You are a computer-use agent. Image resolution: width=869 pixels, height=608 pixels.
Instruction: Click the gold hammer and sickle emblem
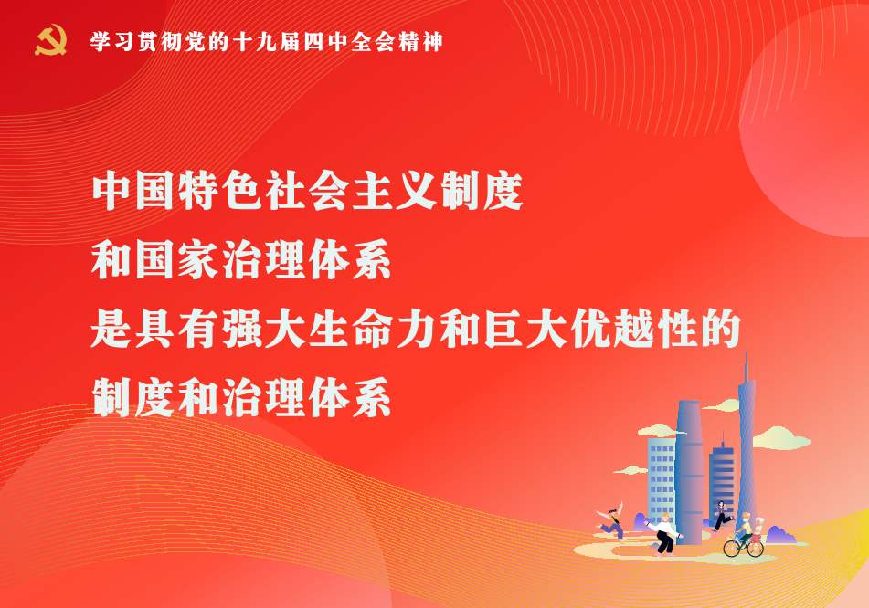click(x=50, y=40)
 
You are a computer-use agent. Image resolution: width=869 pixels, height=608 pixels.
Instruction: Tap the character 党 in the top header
click(x=196, y=42)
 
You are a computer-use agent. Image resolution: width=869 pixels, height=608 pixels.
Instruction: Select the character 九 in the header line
click(x=267, y=42)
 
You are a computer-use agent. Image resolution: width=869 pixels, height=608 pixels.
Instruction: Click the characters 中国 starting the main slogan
click(x=133, y=191)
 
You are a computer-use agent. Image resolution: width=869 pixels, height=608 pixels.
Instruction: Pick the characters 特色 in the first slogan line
click(x=220, y=191)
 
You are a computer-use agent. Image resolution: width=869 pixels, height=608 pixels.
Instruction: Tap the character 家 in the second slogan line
click(x=198, y=260)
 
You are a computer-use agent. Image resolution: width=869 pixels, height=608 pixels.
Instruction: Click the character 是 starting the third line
click(x=111, y=330)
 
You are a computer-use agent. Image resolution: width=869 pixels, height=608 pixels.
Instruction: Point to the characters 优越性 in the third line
click(x=633, y=330)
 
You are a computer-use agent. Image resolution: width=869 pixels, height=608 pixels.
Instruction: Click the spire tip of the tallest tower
click(x=746, y=352)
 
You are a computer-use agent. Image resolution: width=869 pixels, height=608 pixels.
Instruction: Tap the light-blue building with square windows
click(x=662, y=480)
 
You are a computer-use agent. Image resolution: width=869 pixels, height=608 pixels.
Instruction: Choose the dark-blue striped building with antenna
click(x=722, y=479)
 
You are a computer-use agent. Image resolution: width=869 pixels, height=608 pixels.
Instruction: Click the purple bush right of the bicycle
click(x=780, y=535)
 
